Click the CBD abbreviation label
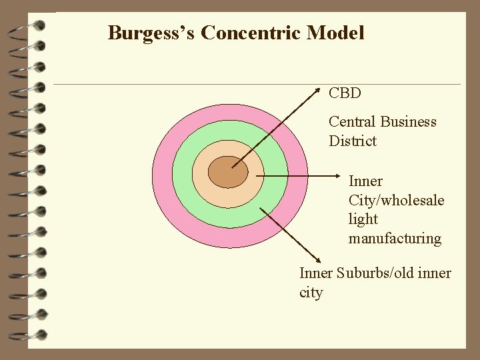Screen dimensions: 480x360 point(345,93)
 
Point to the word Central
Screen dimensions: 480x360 point(353,122)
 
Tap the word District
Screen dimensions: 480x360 point(353,141)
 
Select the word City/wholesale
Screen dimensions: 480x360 point(396,200)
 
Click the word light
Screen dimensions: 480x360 point(363,219)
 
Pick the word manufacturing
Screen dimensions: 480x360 point(395,239)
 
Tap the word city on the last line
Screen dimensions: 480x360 point(311,293)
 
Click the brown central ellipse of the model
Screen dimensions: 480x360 point(228,173)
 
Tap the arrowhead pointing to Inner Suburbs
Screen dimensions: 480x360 point(317,263)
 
